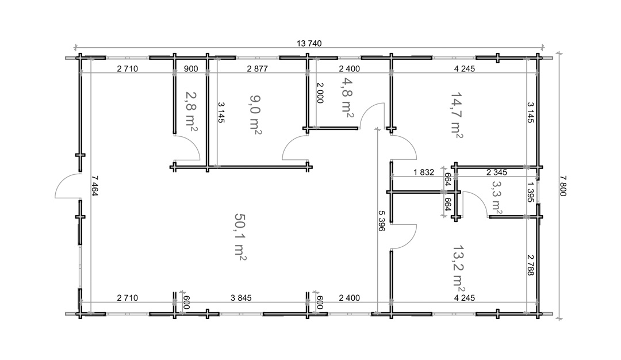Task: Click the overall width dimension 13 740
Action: [x=309, y=44]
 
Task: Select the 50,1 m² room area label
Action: [x=240, y=238]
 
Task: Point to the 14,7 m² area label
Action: [x=457, y=115]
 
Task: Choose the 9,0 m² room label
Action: [x=255, y=114]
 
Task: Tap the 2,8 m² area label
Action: [x=191, y=112]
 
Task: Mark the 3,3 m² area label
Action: [x=497, y=198]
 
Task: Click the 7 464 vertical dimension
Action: [x=95, y=186]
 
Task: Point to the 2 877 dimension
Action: [x=258, y=68]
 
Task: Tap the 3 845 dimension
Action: [x=241, y=298]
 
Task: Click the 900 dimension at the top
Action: [x=191, y=68]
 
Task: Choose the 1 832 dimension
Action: [x=424, y=173]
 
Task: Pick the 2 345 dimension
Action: [x=497, y=173]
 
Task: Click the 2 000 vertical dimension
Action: [x=320, y=93]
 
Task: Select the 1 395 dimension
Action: [x=531, y=192]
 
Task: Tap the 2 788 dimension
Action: [x=531, y=265]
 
